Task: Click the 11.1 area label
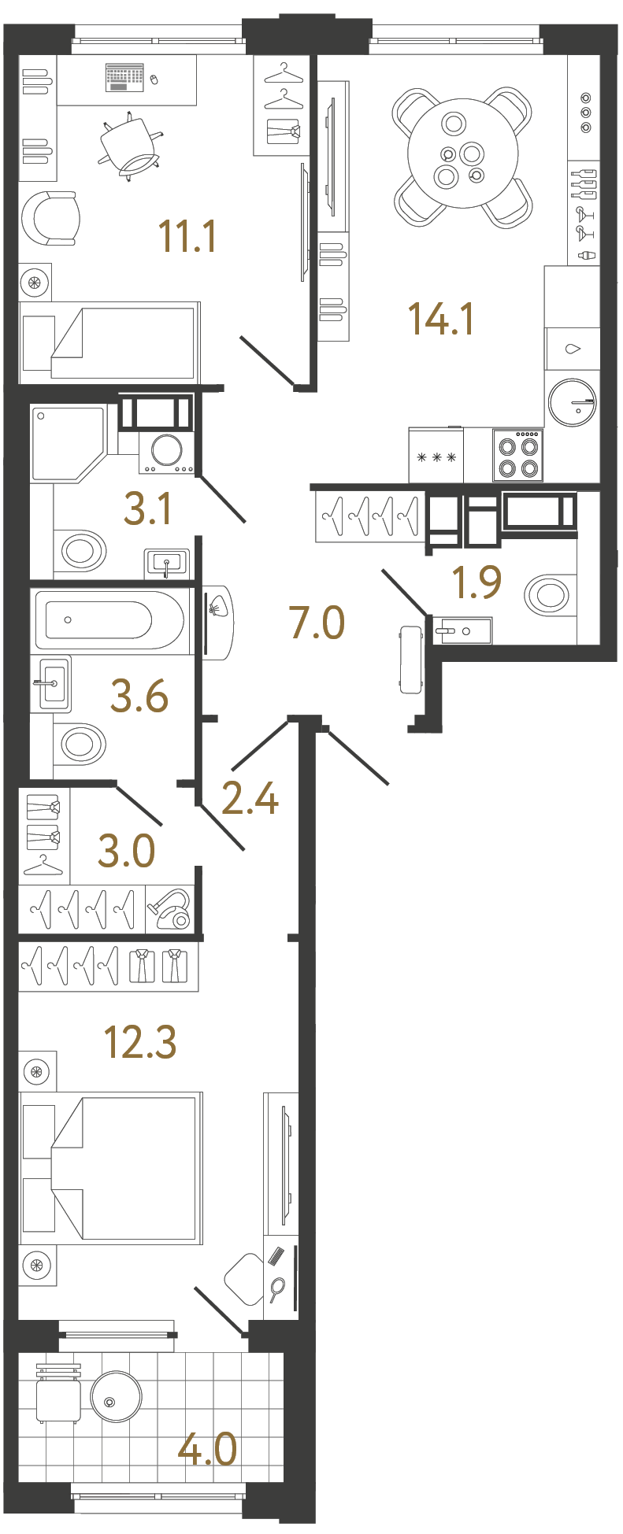pyautogui.click(x=187, y=236)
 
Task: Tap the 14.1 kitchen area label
pyautogui.click(x=440, y=319)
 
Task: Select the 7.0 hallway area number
pyautogui.click(x=317, y=623)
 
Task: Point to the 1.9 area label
pyautogui.click(x=477, y=582)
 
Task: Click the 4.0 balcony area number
pyautogui.click(x=207, y=1449)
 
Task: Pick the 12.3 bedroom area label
pyautogui.click(x=140, y=1042)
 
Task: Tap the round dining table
pyautogui.click(x=462, y=153)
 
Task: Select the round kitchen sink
pyautogui.click(x=572, y=402)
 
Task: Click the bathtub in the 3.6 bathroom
pyautogui.click(x=110, y=620)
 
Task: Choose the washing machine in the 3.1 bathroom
pyautogui.click(x=166, y=452)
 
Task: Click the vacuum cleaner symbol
pyautogui.click(x=171, y=909)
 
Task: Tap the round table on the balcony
pyautogui.click(x=117, y=1399)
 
